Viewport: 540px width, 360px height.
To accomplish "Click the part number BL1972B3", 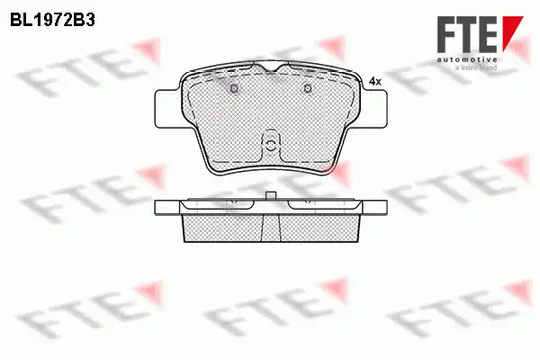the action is [52, 21].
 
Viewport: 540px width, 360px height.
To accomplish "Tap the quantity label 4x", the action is [375, 82].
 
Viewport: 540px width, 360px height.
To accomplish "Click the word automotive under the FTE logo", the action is [466, 59].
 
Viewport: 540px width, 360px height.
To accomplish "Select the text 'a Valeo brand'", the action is [476, 67].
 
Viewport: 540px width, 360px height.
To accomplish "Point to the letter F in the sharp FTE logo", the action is [446, 34].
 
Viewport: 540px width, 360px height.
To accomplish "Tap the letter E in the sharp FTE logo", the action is [486, 34].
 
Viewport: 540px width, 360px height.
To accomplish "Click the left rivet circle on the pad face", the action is [234, 88].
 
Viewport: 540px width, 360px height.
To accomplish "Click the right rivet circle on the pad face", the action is [308, 88].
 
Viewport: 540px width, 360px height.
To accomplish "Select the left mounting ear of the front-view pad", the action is [167, 109].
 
